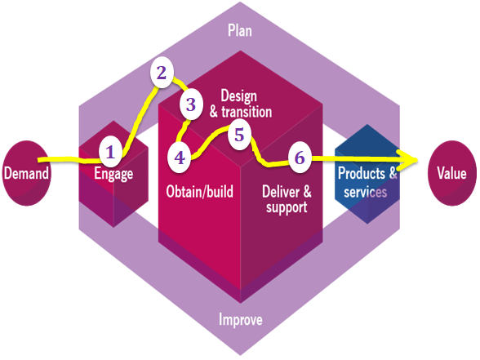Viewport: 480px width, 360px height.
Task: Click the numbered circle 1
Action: tap(111, 151)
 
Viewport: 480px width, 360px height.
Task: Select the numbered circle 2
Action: tap(162, 73)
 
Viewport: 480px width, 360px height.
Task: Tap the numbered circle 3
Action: tap(191, 104)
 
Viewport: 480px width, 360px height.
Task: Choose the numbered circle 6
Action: tap(300, 158)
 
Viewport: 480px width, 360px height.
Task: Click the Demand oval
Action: tap(25, 173)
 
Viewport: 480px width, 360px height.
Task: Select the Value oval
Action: tap(451, 173)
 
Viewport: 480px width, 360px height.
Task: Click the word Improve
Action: tap(240, 318)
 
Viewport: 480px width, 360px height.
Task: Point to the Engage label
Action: tap(113, 174)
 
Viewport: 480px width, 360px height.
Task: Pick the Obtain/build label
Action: tap(199, 193)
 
